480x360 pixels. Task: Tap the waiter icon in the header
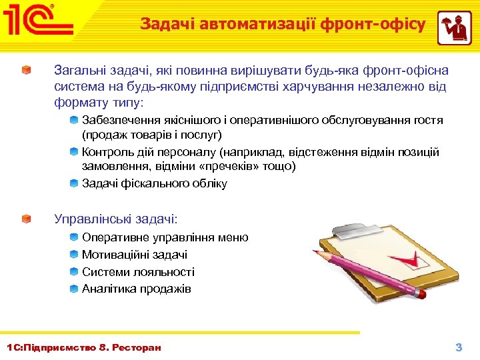(454, 28)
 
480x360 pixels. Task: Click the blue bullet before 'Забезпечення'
(74, 120)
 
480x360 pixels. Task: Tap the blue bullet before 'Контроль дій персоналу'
(74, 152)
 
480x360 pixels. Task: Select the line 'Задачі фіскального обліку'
(154, 183)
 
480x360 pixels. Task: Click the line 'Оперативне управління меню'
(165, 237)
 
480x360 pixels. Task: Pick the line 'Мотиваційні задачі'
(134, 255)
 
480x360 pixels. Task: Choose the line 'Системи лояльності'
(138, 272)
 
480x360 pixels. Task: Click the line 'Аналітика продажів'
(136, 289)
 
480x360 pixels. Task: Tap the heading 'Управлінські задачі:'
(115, 219)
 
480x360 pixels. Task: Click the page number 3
(458, 347)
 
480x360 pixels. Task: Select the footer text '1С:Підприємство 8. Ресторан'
(83, 347)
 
